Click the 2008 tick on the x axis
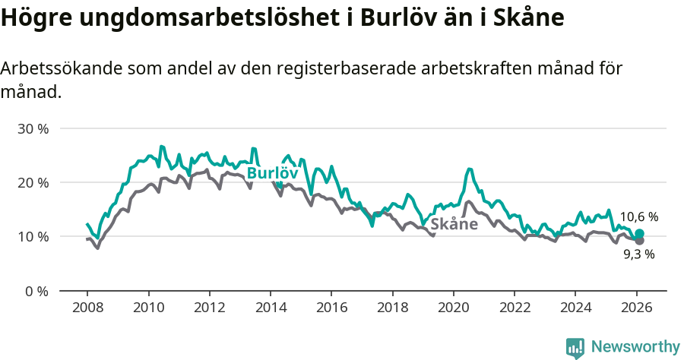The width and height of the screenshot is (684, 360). pyautogui.click(x=87, y=308)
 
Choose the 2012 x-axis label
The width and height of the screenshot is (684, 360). pyautogui.click(x=209, y=308)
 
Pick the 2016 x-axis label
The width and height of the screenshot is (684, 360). pyautogui.click(x=331, y=308)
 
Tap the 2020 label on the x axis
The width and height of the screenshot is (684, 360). pyautogui.click(x=453, y=308)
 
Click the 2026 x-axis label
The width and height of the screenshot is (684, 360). pyautogui.click(x=635, y=308)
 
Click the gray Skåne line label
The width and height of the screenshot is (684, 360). pyautogui.click(x=454, y=224)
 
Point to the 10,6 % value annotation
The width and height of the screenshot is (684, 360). pyautogui.click(x=638, y=217)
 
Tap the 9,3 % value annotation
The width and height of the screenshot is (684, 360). pyautogui.click(x=638, y=255)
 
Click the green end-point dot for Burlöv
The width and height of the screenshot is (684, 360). pyautogui.click(x=639, y=234)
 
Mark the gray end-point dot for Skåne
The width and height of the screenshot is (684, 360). pyautogui.click(x=639, y=241)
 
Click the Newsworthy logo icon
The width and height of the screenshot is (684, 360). pyautogui.click(x=575, y=348)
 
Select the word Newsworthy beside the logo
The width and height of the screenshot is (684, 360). pyautogui.click(x=635, y=347)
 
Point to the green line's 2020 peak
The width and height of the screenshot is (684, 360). pyautogui.click(x=470, y=169)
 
